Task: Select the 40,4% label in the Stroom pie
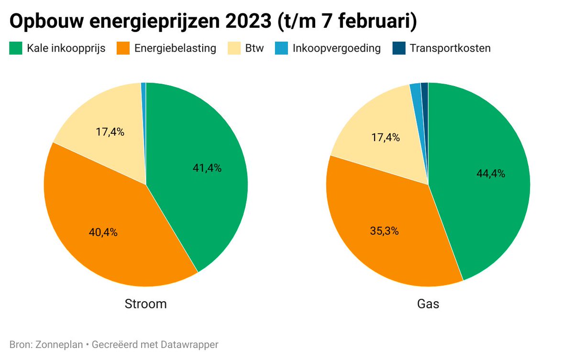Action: [x=103, y=233]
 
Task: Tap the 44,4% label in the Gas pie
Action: [x=491, y=174]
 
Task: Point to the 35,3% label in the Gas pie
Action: [x=385, y=231]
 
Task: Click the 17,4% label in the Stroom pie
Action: [x=110, y=132]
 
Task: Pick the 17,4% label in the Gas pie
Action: [x=386, y=138]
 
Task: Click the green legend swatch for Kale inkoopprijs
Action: [x=16, y=48]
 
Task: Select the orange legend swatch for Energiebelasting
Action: [x=123, y=48]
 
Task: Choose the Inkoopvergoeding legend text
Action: [x=337, y=48]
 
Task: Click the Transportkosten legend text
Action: [x=450, y=48]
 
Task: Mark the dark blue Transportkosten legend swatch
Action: [x=398, y=48]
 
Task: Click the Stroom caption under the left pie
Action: [x=146, y=304]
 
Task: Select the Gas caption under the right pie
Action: [x=428, y=304]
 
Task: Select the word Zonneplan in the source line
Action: [x=57, y=344]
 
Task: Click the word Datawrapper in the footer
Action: [x=190, y=344]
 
